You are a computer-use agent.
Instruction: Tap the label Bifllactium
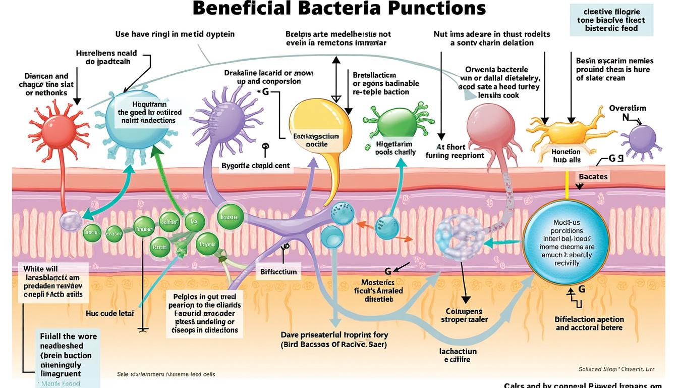278,272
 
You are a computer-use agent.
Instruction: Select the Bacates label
593,177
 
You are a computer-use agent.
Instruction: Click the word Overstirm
627,108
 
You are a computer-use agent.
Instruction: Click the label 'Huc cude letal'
109,314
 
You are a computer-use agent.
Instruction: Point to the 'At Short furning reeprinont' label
455,151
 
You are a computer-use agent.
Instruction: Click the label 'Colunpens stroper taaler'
464,315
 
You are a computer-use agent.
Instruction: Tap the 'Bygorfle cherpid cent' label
256,166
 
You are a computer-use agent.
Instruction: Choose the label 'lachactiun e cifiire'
458,355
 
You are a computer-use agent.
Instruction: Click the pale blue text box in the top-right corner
611,20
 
